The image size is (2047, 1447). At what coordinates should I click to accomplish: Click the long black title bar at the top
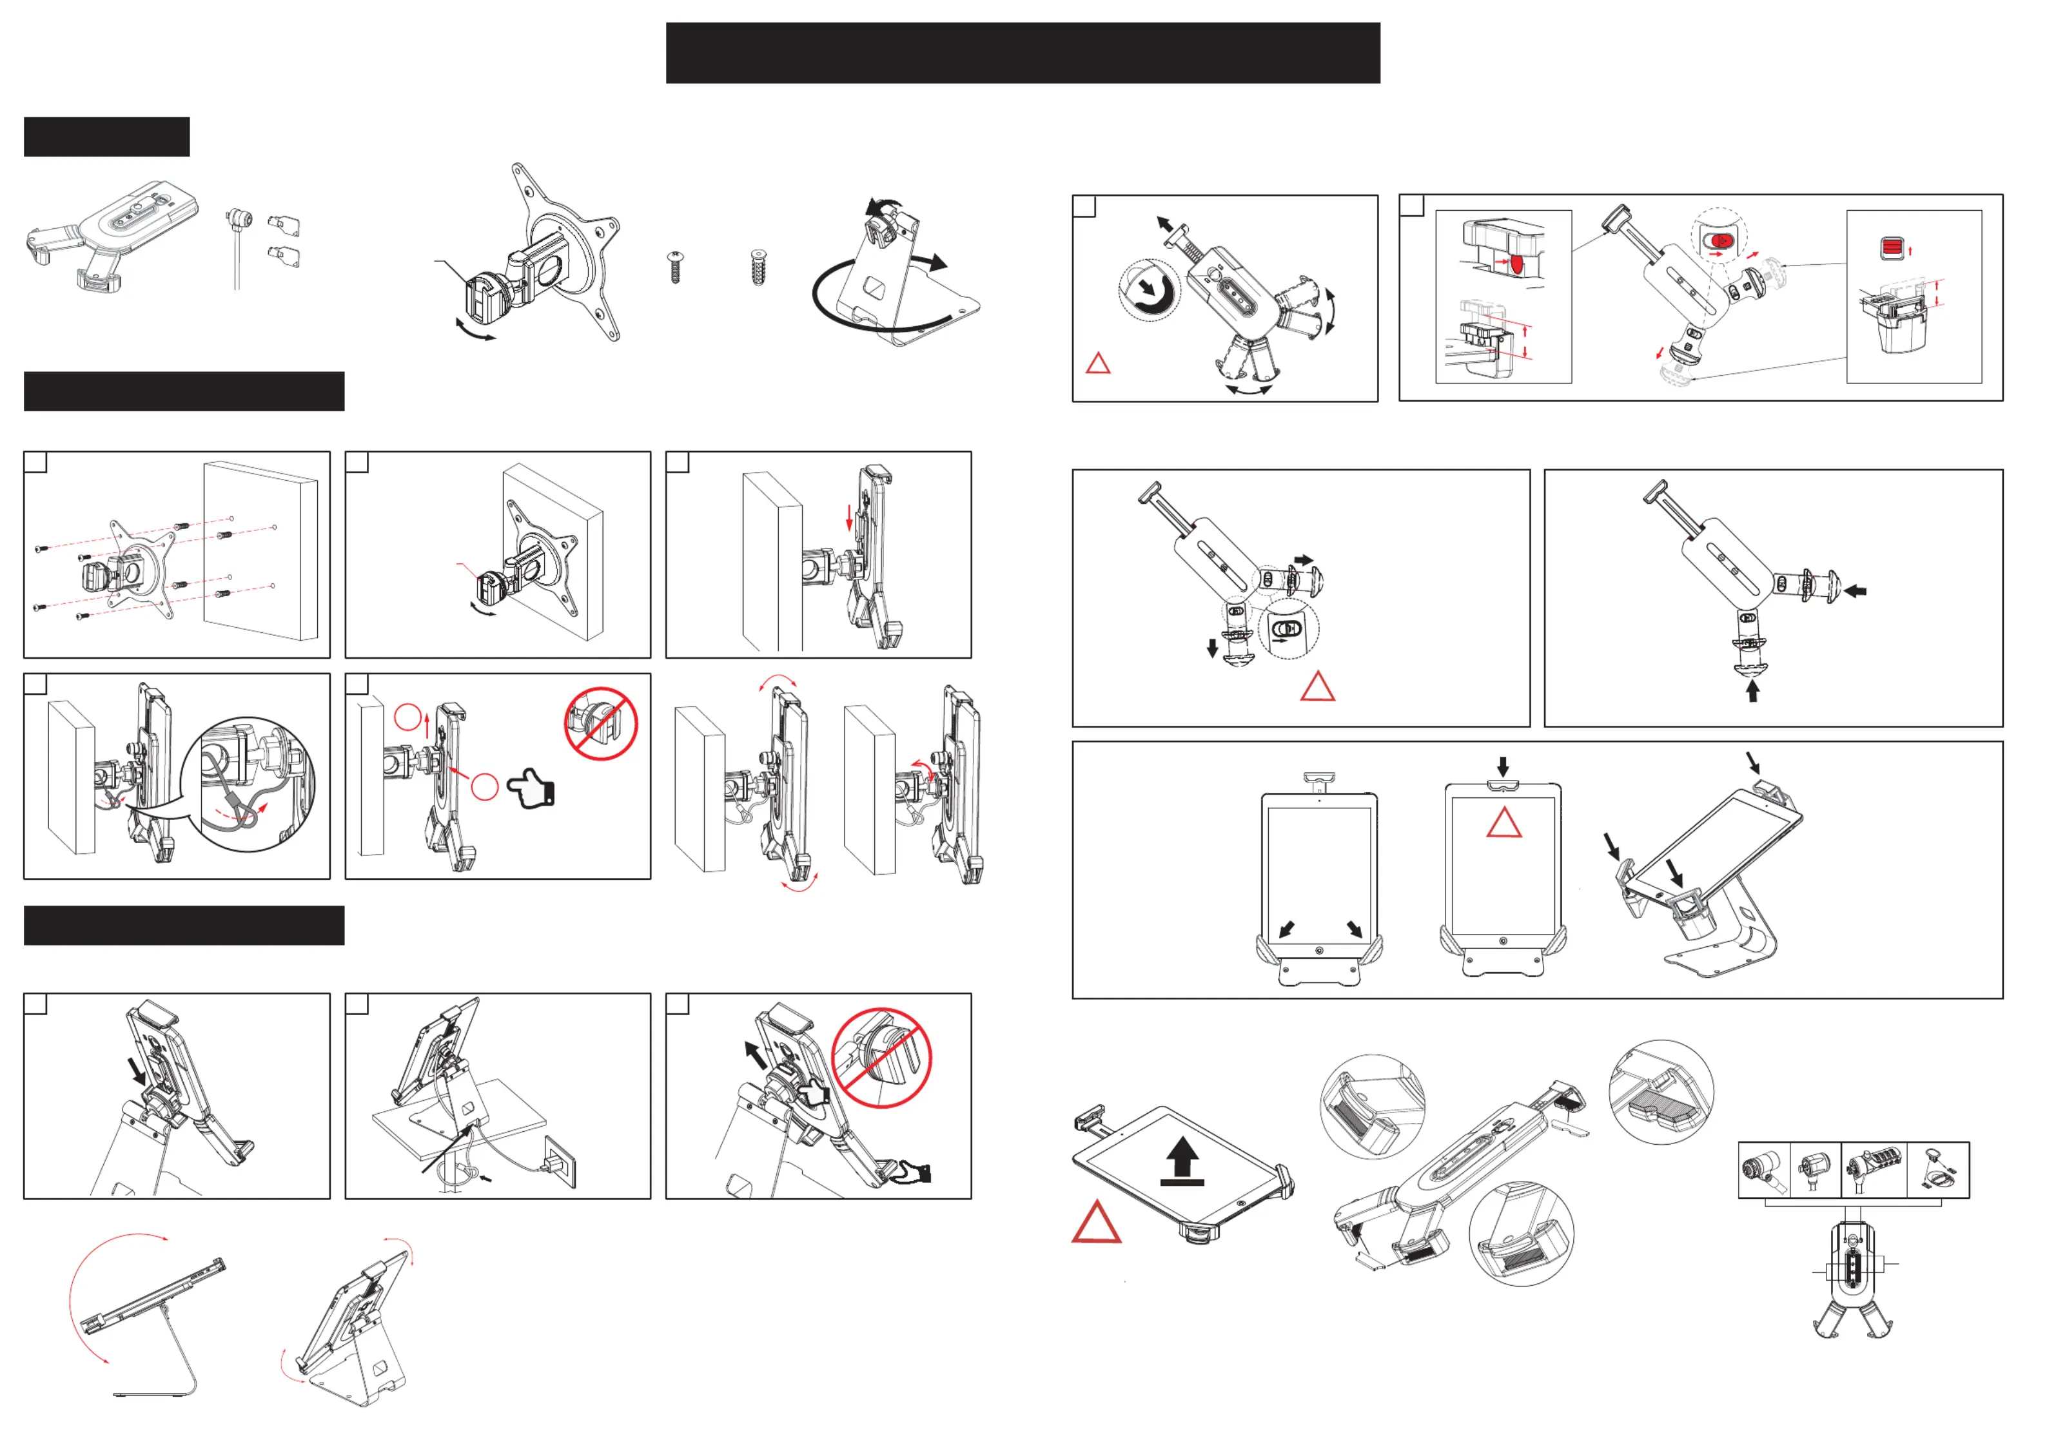(1023, 53)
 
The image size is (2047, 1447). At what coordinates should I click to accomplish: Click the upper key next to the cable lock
(286, 226)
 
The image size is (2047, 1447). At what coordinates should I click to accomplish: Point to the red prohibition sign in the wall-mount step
(601, 724)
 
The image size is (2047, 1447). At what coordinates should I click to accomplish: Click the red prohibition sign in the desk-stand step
(882, 1058)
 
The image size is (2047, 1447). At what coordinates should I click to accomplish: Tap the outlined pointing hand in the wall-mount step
(531, 789)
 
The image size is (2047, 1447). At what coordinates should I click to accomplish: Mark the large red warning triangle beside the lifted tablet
(1097, 1224)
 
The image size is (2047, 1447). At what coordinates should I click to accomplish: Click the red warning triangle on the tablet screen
(1504, 824)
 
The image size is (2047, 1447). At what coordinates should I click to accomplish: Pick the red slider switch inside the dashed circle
(1721, 240)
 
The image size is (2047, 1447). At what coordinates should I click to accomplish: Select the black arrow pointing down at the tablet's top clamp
(1502, 766)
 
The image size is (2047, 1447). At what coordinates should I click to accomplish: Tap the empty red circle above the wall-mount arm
(407, 717)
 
